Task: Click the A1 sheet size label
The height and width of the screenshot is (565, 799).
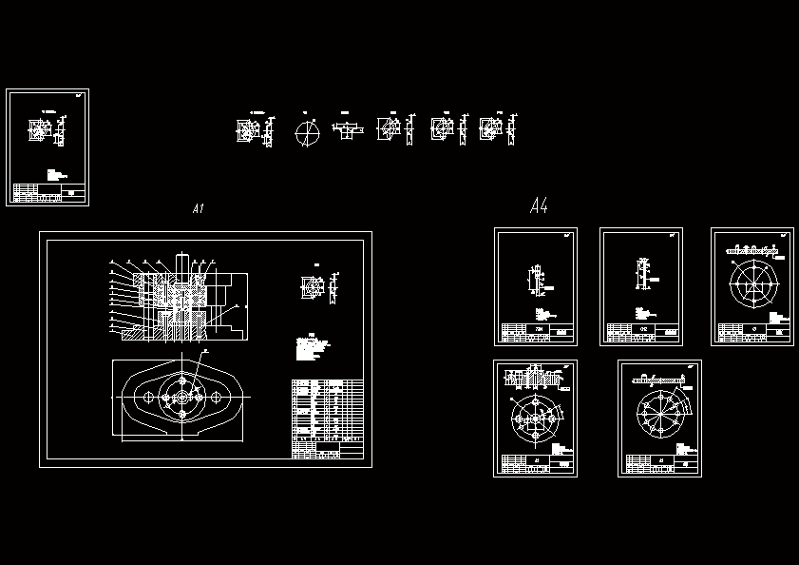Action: tap(198, 209)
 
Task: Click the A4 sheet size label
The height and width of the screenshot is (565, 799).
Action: tap(539, 205)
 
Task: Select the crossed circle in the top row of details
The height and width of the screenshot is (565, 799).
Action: tap(306, 132)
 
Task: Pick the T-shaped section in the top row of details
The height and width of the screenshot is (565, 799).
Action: tap(347, 128)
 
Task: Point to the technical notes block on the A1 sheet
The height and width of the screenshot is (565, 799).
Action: tap(311, 348)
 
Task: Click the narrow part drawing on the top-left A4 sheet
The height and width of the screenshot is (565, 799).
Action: tap(534, 281)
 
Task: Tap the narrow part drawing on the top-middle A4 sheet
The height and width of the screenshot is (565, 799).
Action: tap(642, 274)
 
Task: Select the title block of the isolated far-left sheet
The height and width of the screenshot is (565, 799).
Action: tap(48, 194)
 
